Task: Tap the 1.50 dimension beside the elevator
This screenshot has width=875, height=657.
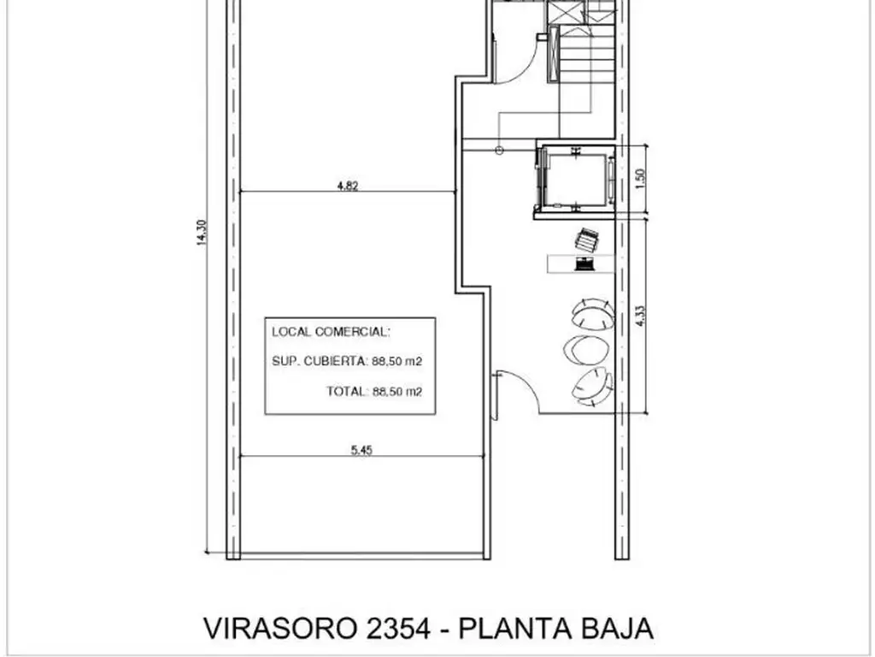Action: [641, 178]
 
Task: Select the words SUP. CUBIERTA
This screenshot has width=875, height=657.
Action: [319, 362]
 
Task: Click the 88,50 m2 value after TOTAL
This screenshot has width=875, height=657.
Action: [397, 392]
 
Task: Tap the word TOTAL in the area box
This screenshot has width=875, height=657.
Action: [346, 392]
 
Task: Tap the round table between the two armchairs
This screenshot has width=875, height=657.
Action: [586, 349]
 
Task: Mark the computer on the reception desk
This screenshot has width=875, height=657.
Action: [586, 263]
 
